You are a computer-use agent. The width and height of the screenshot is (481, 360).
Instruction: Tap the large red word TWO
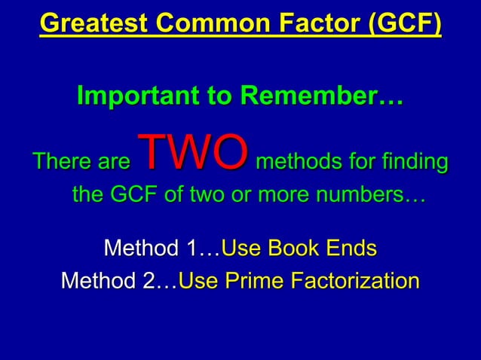(x=192, y=152)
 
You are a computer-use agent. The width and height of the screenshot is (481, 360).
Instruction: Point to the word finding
(x=406, y=161)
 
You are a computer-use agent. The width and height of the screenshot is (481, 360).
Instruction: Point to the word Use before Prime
(x=198, y=281)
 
